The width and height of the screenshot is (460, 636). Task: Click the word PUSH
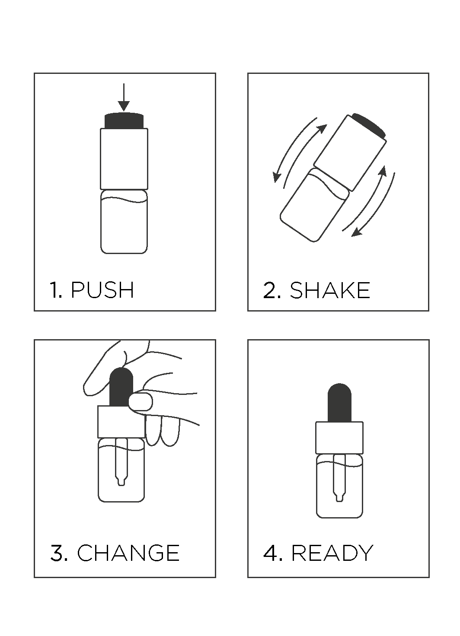pyautogui.click(x=102, y=290)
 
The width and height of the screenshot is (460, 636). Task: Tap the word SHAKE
pyautogui.click(x=329, y=290)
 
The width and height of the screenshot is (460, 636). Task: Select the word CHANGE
pyautogui.click(x=128, y=553)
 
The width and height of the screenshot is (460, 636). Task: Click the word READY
pyautogui.click(x=332, y=553)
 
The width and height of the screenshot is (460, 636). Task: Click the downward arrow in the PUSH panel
pyautogui.click(x=124, y=97)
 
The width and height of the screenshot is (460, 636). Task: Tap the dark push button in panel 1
pyautogui.click(x=124, y=121)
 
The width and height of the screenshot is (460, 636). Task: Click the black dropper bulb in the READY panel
pyautogui.click(x=339, y=403)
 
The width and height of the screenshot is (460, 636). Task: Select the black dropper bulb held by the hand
pyautogui.click(x=121, y=387)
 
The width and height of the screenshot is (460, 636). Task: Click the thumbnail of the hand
pyautogui.click(x=141, y=402)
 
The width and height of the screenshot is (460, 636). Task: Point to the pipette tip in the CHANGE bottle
pyautogui.click(x=121, y=481)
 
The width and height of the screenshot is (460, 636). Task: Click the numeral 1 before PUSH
pyautogui.click(x=54, y=290)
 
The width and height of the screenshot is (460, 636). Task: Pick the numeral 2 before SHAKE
pyautogui.click(x=270, y=290)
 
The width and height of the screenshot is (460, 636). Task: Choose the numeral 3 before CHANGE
pyautogui.click(x=57, y=553)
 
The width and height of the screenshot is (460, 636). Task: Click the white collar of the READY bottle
pyautogui.click(x=339, y=438)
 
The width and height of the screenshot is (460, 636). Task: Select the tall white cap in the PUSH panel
pyautogui.click(x=124, y=159)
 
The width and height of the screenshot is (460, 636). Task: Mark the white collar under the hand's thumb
pyautogui.click(x=121, y=422)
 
